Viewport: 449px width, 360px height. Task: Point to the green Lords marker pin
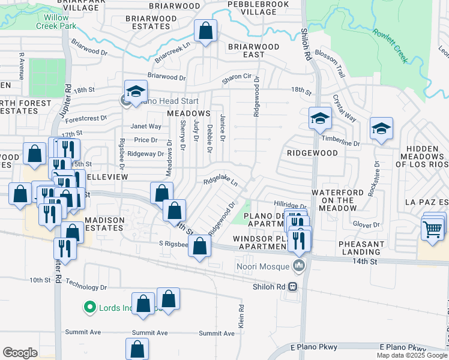pos(90,308)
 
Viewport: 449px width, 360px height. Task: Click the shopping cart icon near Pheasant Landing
pos(433,229)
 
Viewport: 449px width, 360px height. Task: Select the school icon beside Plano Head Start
pos(136,91)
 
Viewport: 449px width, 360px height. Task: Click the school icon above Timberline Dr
pos(320,118)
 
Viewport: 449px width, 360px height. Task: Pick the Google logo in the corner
pos(20,352)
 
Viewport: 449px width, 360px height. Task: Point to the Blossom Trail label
pos(333,63)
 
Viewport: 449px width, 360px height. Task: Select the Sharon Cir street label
pos(237,77)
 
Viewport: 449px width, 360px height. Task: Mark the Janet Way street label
pos(146,127)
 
